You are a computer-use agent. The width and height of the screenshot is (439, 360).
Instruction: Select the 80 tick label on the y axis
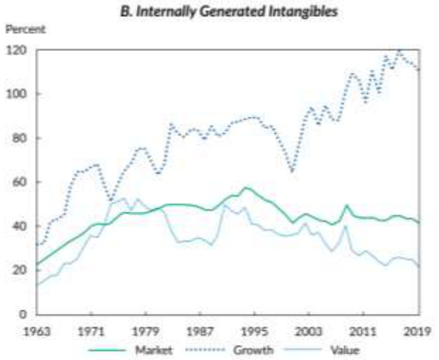(18, 138)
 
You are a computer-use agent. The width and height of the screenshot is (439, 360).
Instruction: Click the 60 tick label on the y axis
(18, 182)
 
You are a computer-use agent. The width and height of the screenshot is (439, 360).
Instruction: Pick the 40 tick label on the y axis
(18, 226)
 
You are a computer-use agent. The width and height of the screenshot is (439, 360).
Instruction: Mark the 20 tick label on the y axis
(18, 270)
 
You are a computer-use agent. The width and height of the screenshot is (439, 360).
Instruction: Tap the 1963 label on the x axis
(36, 330)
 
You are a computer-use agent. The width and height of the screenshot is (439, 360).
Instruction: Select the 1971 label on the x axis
(91, 330)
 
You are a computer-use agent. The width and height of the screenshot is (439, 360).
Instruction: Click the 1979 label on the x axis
(146, 330)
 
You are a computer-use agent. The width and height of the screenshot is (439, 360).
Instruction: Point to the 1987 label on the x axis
(200, 330)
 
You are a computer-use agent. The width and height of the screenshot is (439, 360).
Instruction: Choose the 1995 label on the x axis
(255, 330)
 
